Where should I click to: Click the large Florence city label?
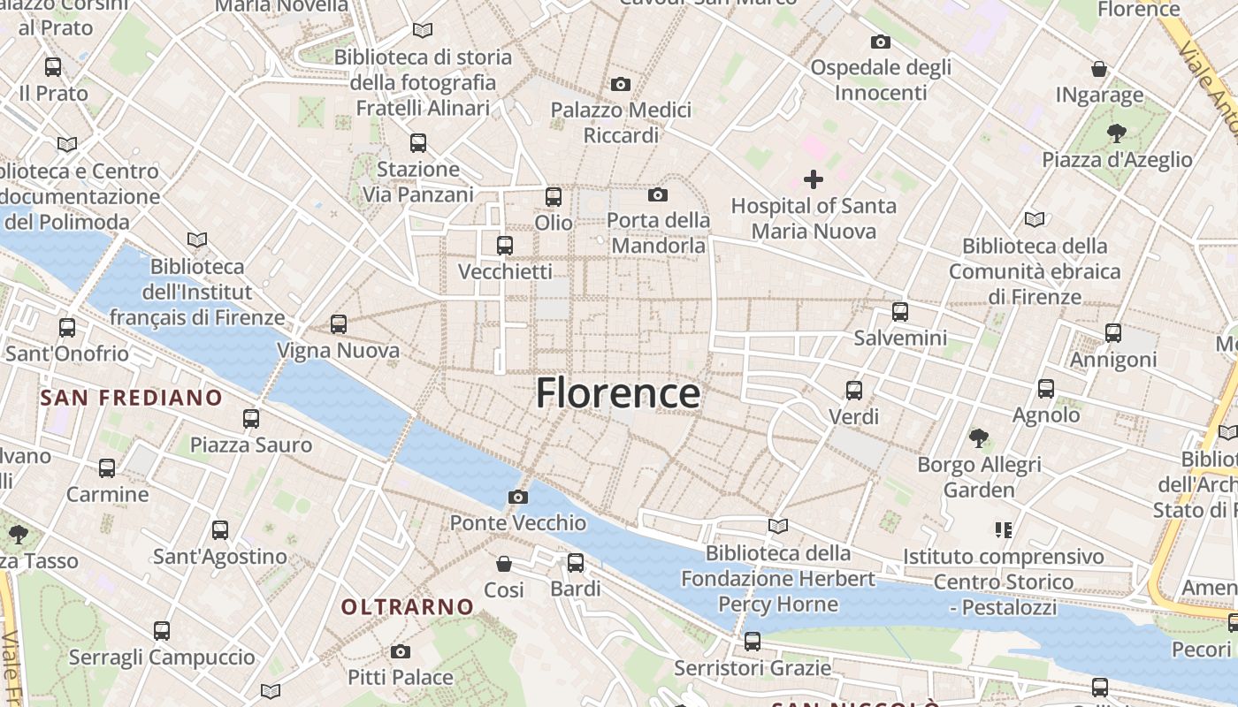[x=618, y=393]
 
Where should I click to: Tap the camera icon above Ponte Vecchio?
[x=518, y=498]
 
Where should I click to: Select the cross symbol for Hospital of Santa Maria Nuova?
[x=814, y=180]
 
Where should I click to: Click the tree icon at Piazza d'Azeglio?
[x=1116, y=133]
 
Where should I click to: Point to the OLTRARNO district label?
[x=408, y=607]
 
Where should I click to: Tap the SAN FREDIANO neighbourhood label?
[x=131, y=398]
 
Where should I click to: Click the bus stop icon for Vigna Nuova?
[x=339, y=324]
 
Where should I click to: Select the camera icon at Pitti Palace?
[x=401, y=652]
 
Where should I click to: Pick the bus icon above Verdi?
[x=854, y=390]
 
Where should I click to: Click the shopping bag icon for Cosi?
[x=504, y=563]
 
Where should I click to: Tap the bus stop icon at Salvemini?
[x=900, y=311]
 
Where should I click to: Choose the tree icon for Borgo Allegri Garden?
[x=979, y=437]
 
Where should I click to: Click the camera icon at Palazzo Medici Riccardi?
[x=621, y=85]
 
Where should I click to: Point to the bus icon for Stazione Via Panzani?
[x=418, y=142]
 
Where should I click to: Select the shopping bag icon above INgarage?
[x=1099, y=68]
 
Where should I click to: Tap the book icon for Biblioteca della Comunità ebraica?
[x=1035, y=219]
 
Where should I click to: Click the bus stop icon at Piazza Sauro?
[x=251, y=418]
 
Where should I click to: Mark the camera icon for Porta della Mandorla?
[x=658, y=194]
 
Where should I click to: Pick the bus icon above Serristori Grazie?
[x=753, y=641]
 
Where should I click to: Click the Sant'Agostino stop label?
[x=220, y=557]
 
